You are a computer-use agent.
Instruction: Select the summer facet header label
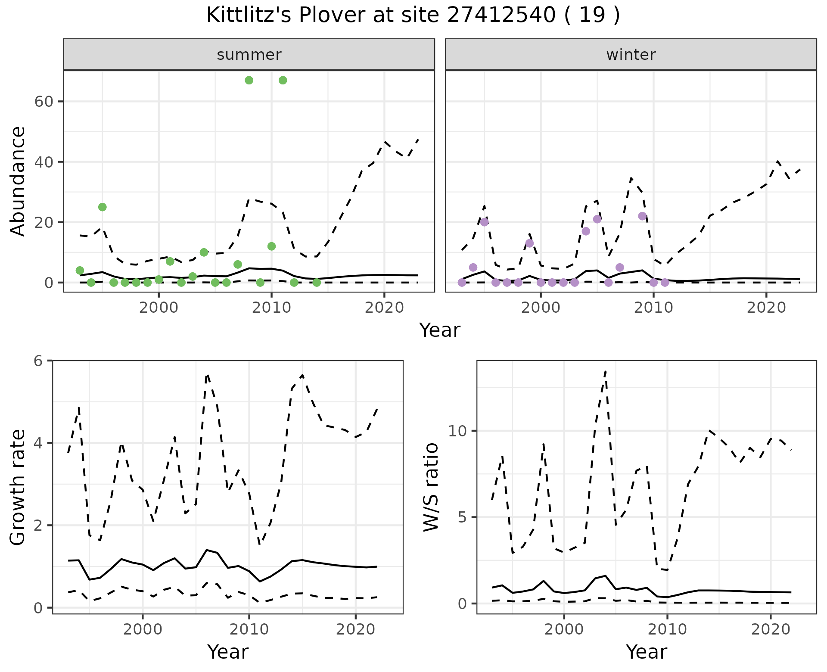coord(249,55)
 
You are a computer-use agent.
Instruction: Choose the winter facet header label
coord(631,55)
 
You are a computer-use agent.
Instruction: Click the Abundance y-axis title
coord(18,181)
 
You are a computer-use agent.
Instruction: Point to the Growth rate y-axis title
coord(18,487)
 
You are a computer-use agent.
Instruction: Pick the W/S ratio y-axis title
coord(431,487)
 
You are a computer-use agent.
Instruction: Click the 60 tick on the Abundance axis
coord(44,102)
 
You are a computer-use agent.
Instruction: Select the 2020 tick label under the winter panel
coord(766,308)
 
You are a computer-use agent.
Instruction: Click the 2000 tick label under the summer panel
coord(159,308)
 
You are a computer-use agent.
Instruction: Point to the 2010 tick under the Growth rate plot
coord(249,629)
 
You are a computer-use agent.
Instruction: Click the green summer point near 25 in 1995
coord(102,207)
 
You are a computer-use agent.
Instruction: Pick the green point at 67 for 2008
coord(249,81)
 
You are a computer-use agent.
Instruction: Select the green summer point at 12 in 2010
coord(271,246)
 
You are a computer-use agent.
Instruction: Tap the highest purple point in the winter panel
coord(642,216)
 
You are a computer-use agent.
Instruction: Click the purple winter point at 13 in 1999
coord(529,243)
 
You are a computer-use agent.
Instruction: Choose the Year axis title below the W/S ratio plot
coord(646,652)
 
